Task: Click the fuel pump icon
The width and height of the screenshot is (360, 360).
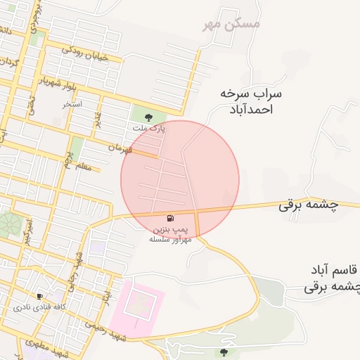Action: pos(170,219)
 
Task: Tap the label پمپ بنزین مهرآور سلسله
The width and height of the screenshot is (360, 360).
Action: pos(170,234)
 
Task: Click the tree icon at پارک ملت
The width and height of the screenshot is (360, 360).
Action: pos(148,117)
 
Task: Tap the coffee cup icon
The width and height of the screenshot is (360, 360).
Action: pos(39,297)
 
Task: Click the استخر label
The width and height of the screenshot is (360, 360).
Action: pos(71,104)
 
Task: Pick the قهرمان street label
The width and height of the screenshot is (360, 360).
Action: pos(120,148)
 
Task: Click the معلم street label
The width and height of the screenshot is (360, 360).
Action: pos(82,167)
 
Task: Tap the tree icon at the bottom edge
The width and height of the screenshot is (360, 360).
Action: pos(224,352)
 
